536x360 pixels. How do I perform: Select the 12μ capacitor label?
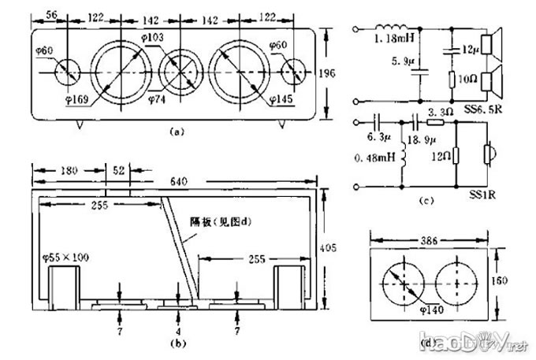[470, 50]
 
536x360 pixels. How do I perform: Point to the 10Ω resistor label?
[469, 80]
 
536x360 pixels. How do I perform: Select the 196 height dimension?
[338, 73]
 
